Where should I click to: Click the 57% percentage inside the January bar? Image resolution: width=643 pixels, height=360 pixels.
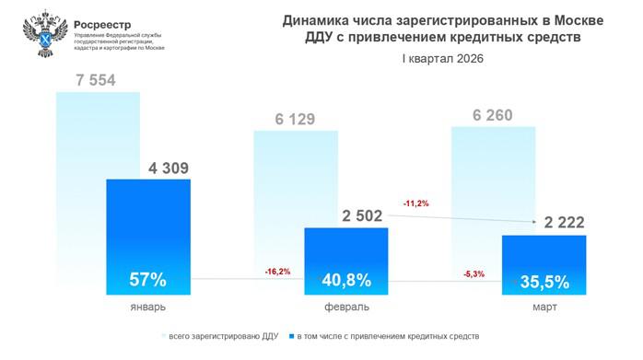(x=148, y=278)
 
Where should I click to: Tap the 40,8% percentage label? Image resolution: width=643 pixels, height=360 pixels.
(x=346, y=278)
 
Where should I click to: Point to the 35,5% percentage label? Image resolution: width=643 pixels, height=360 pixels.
(x=544, y=278)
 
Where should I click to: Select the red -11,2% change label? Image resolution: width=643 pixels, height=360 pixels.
(x=416, y=203)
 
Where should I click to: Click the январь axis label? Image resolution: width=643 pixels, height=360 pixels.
(x=147, y=306)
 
